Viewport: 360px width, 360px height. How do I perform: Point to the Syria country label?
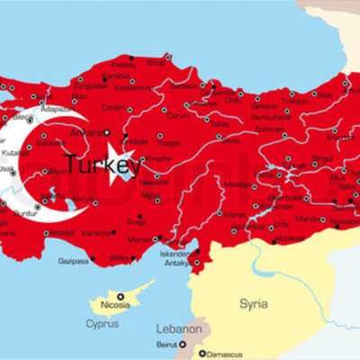pyautogui.click(x=253, y=304)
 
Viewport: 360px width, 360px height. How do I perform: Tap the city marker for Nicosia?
pyautogui.click(x=119, y=296)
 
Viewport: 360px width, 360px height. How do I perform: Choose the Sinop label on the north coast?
pyautogui.click(x=157, y=62)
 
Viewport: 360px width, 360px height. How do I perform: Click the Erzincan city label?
pyautogui.click(x=270, y=130)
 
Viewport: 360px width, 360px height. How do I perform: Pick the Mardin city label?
pyautogui.click(x=308, y=219)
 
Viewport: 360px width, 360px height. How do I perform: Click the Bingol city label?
pyautogui.click(x=297, y=159)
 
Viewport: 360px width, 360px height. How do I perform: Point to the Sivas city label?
pyautogui.click(x=230, y=140)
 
